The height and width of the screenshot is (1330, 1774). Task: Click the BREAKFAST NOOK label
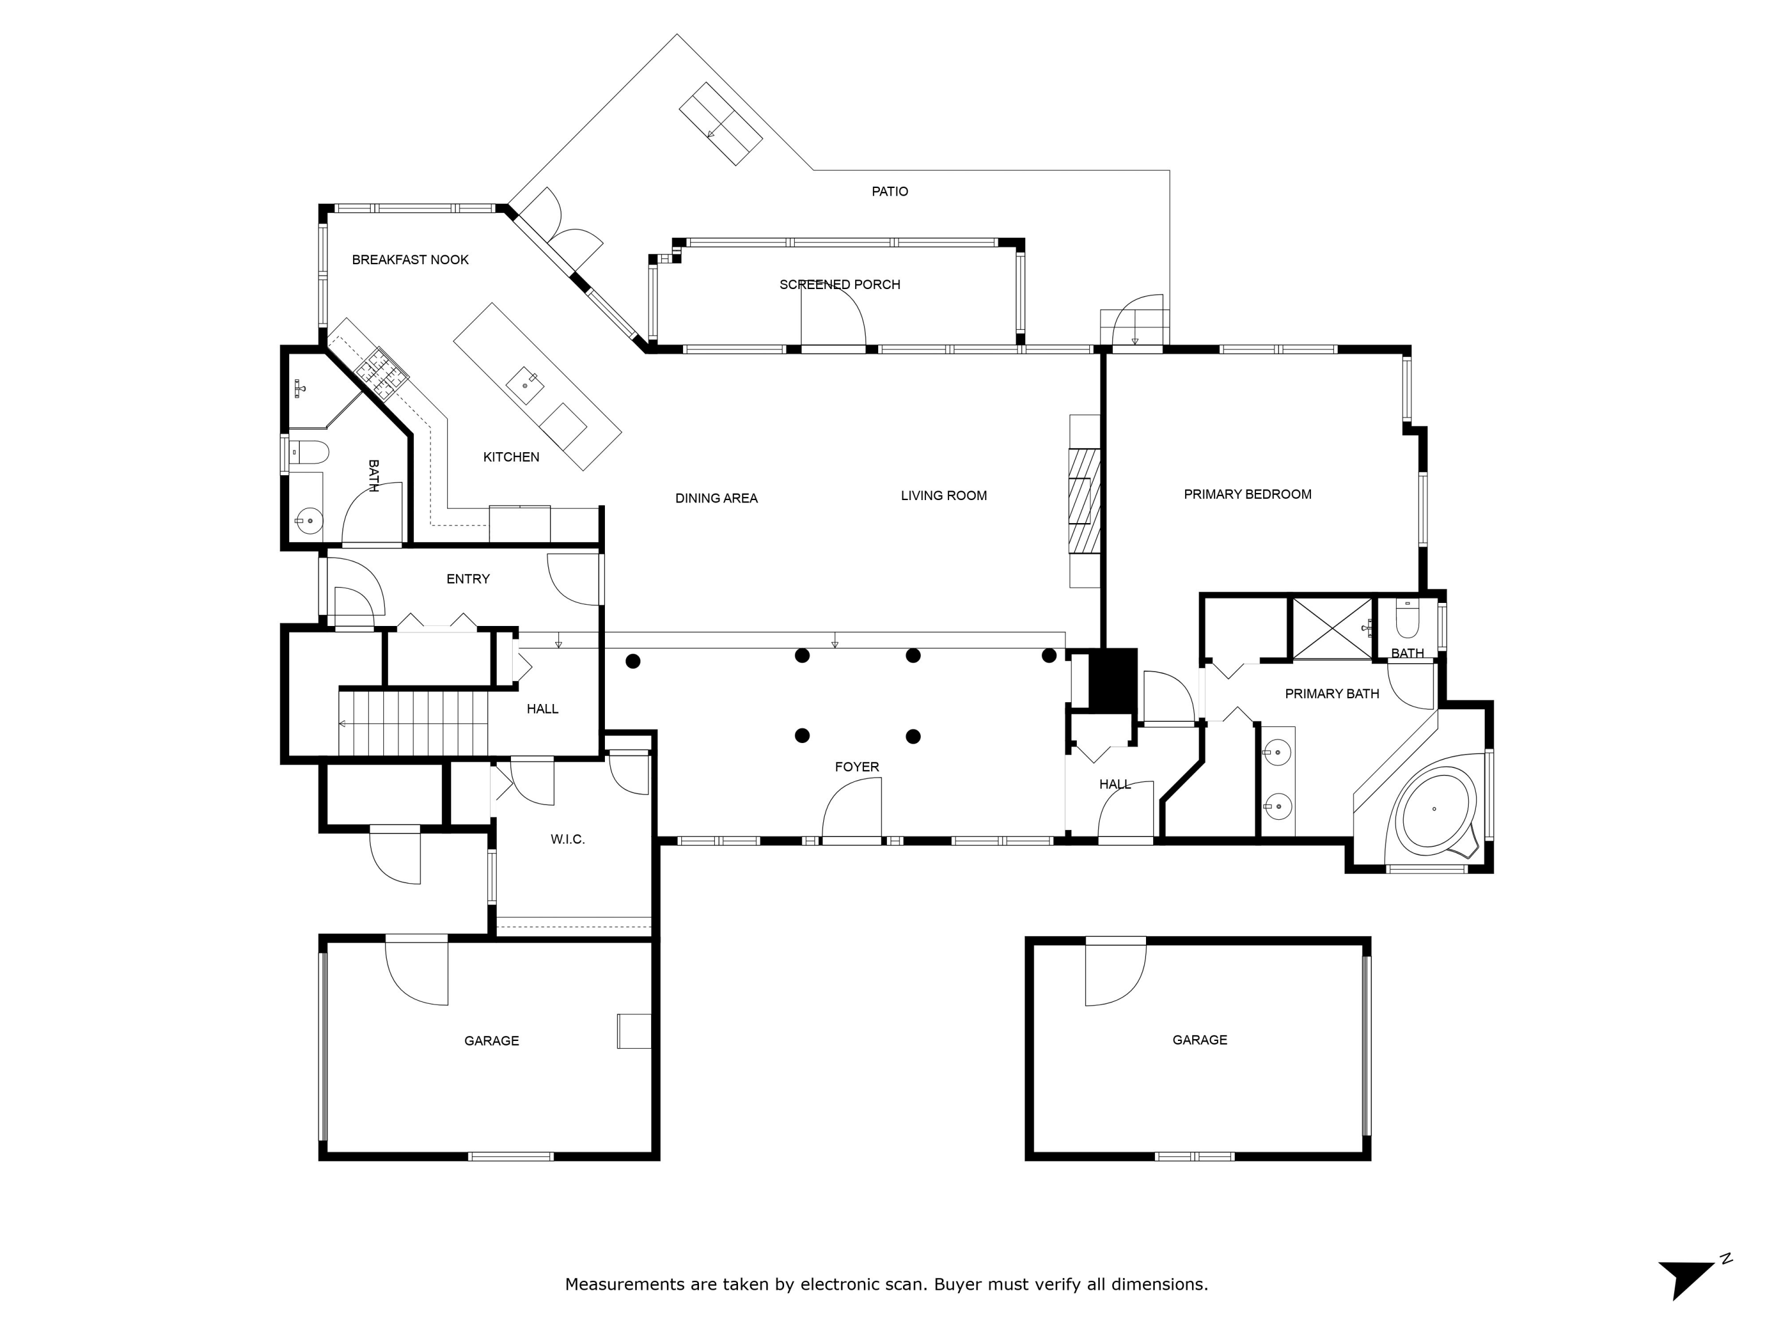click(410, 259)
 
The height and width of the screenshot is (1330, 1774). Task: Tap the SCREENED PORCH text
click(840, 284)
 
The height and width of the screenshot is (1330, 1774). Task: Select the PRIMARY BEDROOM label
click(1247, 495)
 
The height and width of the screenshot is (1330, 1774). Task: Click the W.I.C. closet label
click(567, 839)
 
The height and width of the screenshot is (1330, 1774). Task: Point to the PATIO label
click(889, 192)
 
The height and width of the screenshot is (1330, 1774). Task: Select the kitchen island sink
click(525, 385)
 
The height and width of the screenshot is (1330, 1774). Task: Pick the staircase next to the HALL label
click(413, 723)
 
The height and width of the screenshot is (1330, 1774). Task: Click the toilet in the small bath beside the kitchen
click(309, 452)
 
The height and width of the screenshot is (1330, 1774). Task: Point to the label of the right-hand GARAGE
click(1199, 1040)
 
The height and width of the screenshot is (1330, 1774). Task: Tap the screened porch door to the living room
click(834, 317)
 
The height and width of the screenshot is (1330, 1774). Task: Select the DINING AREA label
click(716, 499)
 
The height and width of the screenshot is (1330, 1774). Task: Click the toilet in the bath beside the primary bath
click(1407, 619)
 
